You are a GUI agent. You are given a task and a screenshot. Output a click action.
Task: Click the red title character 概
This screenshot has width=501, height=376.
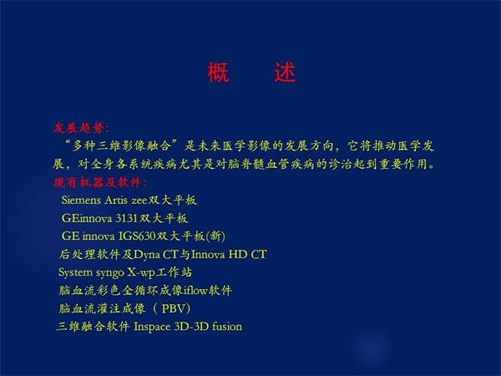coord(219,72)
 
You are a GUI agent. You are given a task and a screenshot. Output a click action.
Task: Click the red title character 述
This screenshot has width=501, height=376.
coord(285,72)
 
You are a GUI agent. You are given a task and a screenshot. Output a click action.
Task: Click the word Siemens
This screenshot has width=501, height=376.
coord(81,201)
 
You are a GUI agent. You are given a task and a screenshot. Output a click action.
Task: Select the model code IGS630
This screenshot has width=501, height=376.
coord(137,236)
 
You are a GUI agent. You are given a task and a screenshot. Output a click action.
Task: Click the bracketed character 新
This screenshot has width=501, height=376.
coord(215,236)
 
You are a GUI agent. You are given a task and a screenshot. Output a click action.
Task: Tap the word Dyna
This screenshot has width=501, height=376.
coord(147,255)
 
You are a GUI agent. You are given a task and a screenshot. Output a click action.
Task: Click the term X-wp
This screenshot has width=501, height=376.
coord(141,272)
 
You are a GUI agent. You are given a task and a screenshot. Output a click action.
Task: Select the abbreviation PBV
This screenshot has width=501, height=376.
coord(174,308)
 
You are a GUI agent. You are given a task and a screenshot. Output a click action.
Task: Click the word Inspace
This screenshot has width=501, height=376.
coord(152,327)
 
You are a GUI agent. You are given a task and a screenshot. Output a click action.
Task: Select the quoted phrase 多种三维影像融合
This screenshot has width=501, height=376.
coord(122,146)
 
